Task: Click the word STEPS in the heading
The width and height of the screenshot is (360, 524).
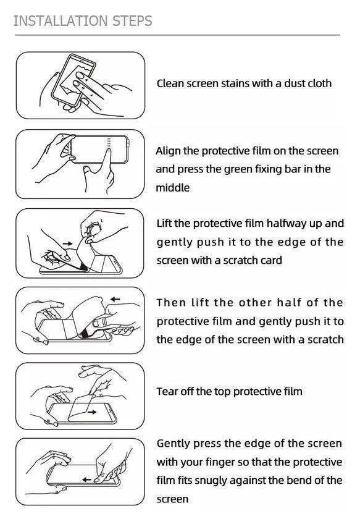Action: pos(132,21)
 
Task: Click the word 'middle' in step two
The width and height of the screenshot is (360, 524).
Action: pos(173,187)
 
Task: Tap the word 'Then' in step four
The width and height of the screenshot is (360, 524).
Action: pos(171,303)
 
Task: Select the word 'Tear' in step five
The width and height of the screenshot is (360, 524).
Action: pos(167,391)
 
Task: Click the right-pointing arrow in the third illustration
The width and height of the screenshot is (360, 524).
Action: pos(67,243)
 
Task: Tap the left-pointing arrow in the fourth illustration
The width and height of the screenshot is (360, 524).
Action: pos(115,299)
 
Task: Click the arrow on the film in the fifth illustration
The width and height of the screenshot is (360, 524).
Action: pos(92,412)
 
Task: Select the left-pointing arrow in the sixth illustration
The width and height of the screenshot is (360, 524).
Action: pos(86,480)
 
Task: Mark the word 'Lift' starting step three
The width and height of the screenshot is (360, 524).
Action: pos(164,224)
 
